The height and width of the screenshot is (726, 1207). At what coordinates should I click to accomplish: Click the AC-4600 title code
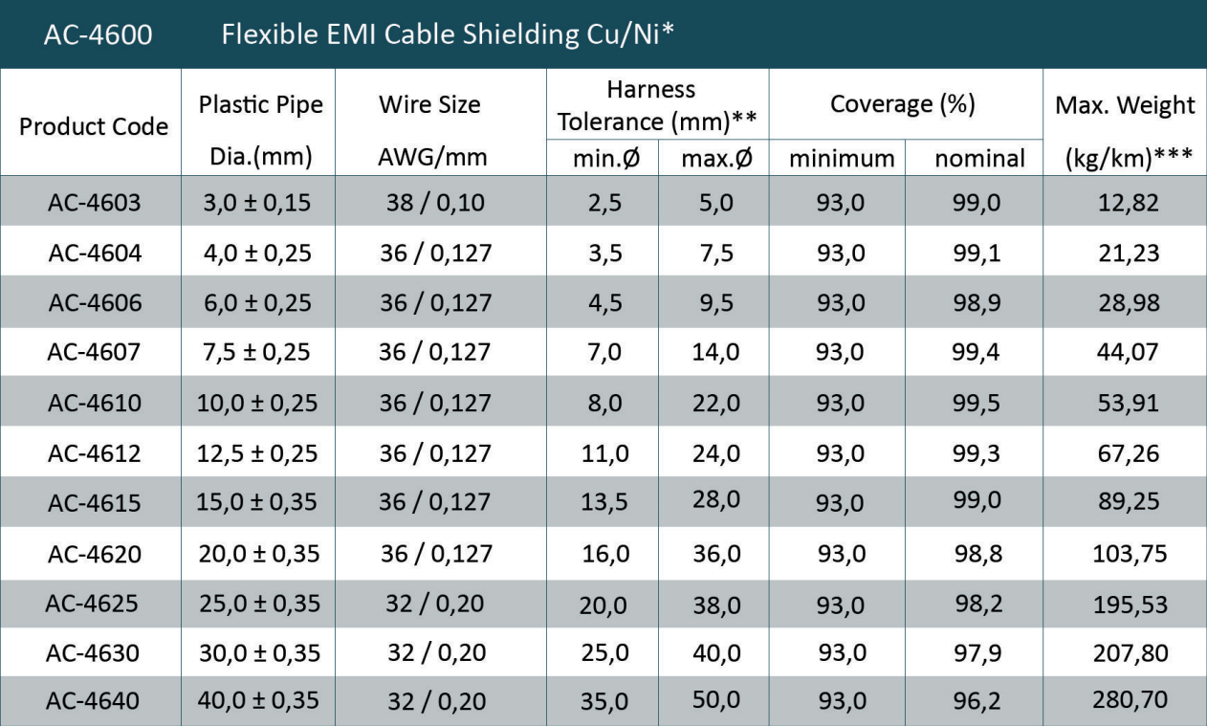99,34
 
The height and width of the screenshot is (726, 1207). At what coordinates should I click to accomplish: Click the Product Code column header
94,125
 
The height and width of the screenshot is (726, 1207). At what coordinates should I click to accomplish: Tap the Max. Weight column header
1125,105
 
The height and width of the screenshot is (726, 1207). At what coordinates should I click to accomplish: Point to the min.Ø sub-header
603,158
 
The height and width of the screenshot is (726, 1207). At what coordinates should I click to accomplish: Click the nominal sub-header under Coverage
979,158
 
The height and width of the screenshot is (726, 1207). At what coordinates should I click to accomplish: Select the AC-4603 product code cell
94,202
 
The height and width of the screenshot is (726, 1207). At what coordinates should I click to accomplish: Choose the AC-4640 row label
94,701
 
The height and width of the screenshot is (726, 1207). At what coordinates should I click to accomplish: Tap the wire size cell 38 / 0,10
435,202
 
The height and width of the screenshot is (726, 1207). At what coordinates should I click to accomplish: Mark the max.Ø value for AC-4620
715,553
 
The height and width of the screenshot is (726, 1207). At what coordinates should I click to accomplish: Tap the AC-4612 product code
94,452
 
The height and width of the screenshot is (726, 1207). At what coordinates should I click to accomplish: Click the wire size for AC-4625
435,603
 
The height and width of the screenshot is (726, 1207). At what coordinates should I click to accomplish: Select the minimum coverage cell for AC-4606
841,302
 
